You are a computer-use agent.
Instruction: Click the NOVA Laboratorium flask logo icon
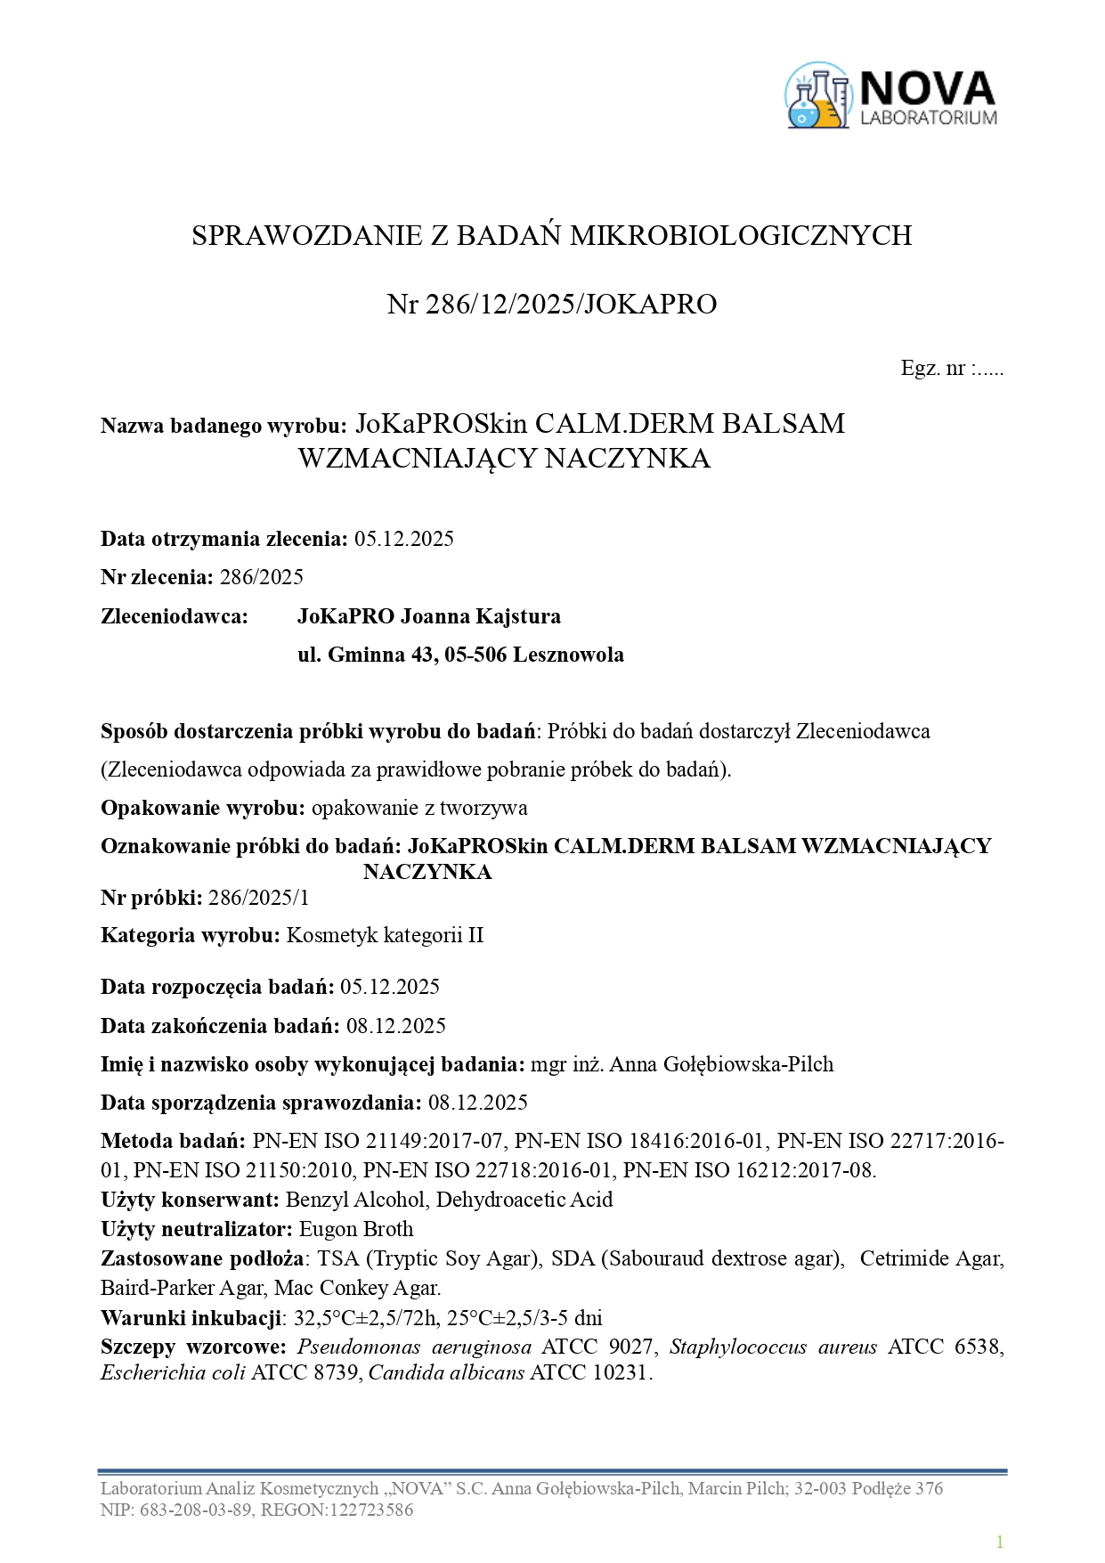[817, 95]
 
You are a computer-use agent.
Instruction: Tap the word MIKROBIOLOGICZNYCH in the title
[741, 235]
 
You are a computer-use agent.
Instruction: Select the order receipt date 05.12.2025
[404, 539]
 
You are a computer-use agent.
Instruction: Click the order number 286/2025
[262, 577]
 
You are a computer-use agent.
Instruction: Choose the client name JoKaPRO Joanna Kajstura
[429, 616]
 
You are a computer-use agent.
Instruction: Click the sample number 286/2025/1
[258, 898]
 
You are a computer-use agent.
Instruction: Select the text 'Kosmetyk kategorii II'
[385, 935]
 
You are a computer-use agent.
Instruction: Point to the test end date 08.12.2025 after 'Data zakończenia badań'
[396, 1026]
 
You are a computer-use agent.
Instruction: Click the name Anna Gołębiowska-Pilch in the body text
[721, 1064]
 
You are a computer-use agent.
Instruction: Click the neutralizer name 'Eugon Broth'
[356, 1229]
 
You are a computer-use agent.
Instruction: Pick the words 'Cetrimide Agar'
[931, 1258]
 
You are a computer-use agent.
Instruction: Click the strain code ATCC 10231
[589, 1372]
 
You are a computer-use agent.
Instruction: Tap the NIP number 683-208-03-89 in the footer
[196, 1510]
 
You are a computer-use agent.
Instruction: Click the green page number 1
[1000, 1542]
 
